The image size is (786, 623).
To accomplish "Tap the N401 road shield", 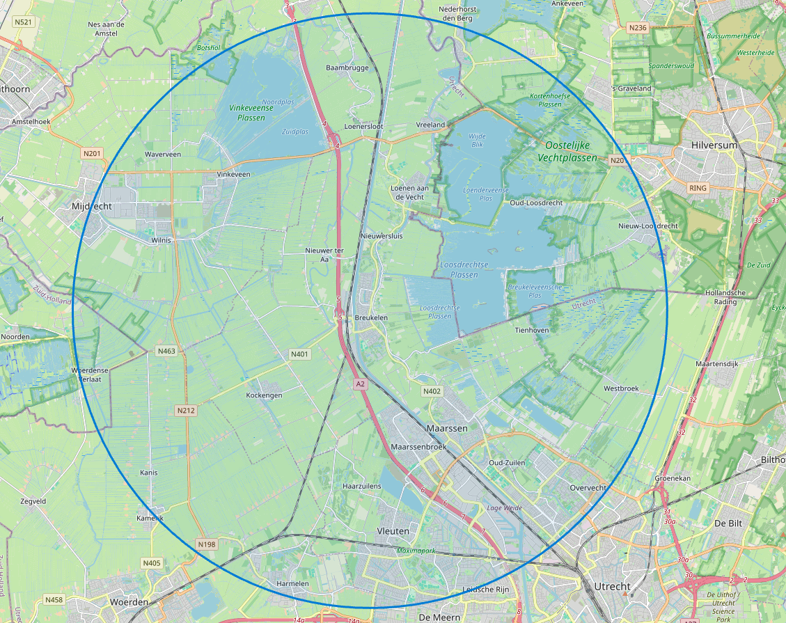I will click(x=299, y=354).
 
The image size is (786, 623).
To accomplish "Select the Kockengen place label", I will click(x=265, y=395).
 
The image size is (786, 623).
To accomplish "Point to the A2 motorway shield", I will click(x=360, y=384).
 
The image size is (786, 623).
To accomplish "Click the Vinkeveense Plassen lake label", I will click(x=247, y=113).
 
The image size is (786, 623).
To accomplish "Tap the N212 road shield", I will click(x=186, y=411).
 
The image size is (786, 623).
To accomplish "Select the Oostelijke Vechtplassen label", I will click(x=567, y=151).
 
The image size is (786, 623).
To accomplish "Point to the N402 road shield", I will click(x=432, y=391).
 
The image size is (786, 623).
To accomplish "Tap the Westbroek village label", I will click(x=621, y=388).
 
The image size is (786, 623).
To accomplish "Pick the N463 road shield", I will click(x=166, y=351).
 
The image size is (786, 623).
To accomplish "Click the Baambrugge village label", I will click(x=347, y=68).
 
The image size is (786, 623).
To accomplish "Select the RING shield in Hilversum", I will click(x=697, y=188).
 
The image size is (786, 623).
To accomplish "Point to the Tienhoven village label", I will click(x=532, y=330).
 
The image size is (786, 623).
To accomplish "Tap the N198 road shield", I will click(x=207, y=544).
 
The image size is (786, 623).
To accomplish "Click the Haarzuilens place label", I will click(x=362, y=486).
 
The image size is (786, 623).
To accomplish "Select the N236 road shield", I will click(x=637, y=28).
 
